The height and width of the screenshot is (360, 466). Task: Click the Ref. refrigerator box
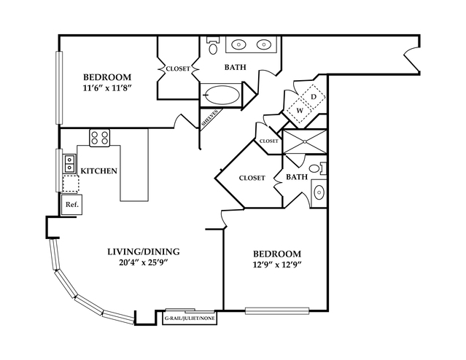(71, 205)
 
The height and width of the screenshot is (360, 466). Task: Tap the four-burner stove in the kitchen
(99, 137)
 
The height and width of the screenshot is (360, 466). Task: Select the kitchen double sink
(70, 163)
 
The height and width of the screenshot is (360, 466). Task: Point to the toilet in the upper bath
(213, 47)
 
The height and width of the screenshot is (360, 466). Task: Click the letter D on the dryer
(313, 96)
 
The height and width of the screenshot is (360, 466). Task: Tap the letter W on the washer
(299, 111)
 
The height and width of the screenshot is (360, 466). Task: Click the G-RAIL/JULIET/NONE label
(190, 318)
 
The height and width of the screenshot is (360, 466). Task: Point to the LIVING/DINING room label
(143, 252)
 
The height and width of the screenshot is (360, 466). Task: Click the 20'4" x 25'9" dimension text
(143, 265)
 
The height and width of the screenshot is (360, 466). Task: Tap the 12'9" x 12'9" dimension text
(273, 265)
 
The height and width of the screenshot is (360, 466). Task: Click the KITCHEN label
(99, 171)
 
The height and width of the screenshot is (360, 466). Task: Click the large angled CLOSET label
(252, 177)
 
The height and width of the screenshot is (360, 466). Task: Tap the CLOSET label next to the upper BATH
(177, 69)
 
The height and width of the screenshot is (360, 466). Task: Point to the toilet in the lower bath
(316, 169)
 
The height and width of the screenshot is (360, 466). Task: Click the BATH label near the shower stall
(297, 177)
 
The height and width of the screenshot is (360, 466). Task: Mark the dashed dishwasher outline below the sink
(70, 183)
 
